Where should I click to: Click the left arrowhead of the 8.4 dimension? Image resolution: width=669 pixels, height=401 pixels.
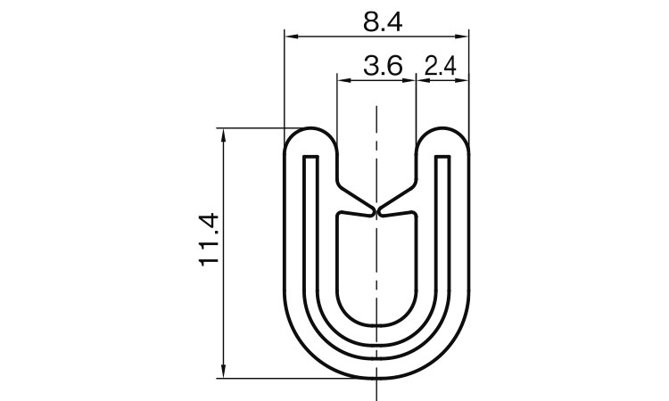pyautogui.click(x=289, y=37)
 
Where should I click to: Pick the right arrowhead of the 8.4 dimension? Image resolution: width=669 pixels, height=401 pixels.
pyautogui.click(x=464, y=37)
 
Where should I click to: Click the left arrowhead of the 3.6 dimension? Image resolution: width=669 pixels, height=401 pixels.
pyautogui.click(x=341, y=80)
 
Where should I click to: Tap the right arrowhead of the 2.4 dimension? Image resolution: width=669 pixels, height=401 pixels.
pyautogui.click(x=464, y=80)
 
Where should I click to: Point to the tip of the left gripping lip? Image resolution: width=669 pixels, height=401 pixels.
pyautogui.click(x=372, y=210)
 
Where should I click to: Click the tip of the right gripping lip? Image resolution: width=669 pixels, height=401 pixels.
pyautogui.click(x=381, y=210)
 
